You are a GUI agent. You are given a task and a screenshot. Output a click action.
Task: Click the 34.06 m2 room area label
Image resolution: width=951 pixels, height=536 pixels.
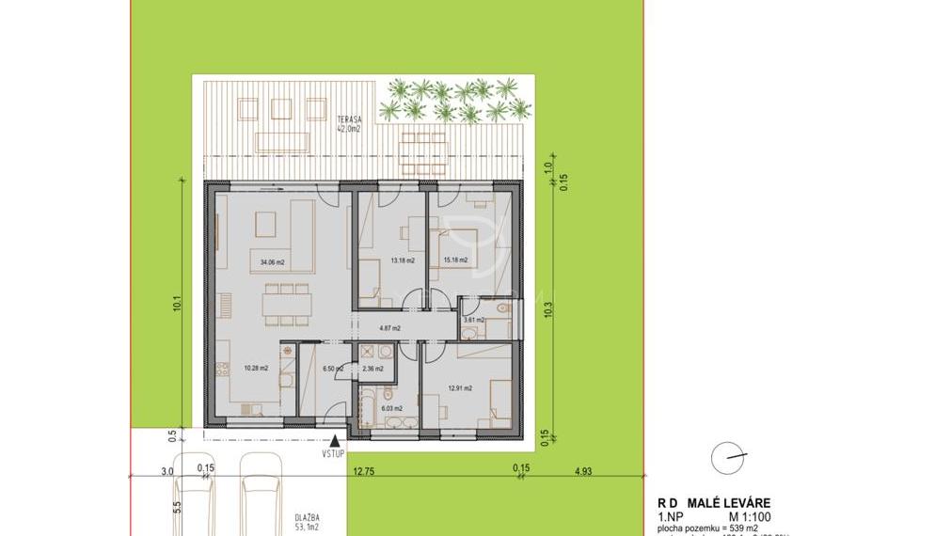tap(273, 262)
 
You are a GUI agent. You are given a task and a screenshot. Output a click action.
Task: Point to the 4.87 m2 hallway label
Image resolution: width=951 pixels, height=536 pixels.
tap(389, 328)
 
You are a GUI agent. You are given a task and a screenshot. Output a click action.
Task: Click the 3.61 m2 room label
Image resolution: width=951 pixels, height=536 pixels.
tap(473, 320)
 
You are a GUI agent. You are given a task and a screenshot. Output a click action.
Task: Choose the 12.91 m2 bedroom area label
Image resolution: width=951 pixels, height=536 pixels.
tap(460, 387)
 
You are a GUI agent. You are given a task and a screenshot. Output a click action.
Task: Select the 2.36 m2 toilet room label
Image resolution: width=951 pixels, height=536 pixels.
tap(372, 369)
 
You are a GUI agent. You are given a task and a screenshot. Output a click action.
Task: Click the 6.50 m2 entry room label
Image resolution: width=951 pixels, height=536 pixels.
tap(334, 369)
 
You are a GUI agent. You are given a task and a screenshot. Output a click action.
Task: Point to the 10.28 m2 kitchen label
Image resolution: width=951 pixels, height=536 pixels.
tap(257, 368)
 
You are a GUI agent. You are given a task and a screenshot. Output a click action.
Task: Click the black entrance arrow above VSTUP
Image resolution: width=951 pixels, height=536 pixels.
tap(336, 438)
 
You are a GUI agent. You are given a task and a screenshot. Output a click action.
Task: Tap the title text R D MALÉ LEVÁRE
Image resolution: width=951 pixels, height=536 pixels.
tap(713, 504)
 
